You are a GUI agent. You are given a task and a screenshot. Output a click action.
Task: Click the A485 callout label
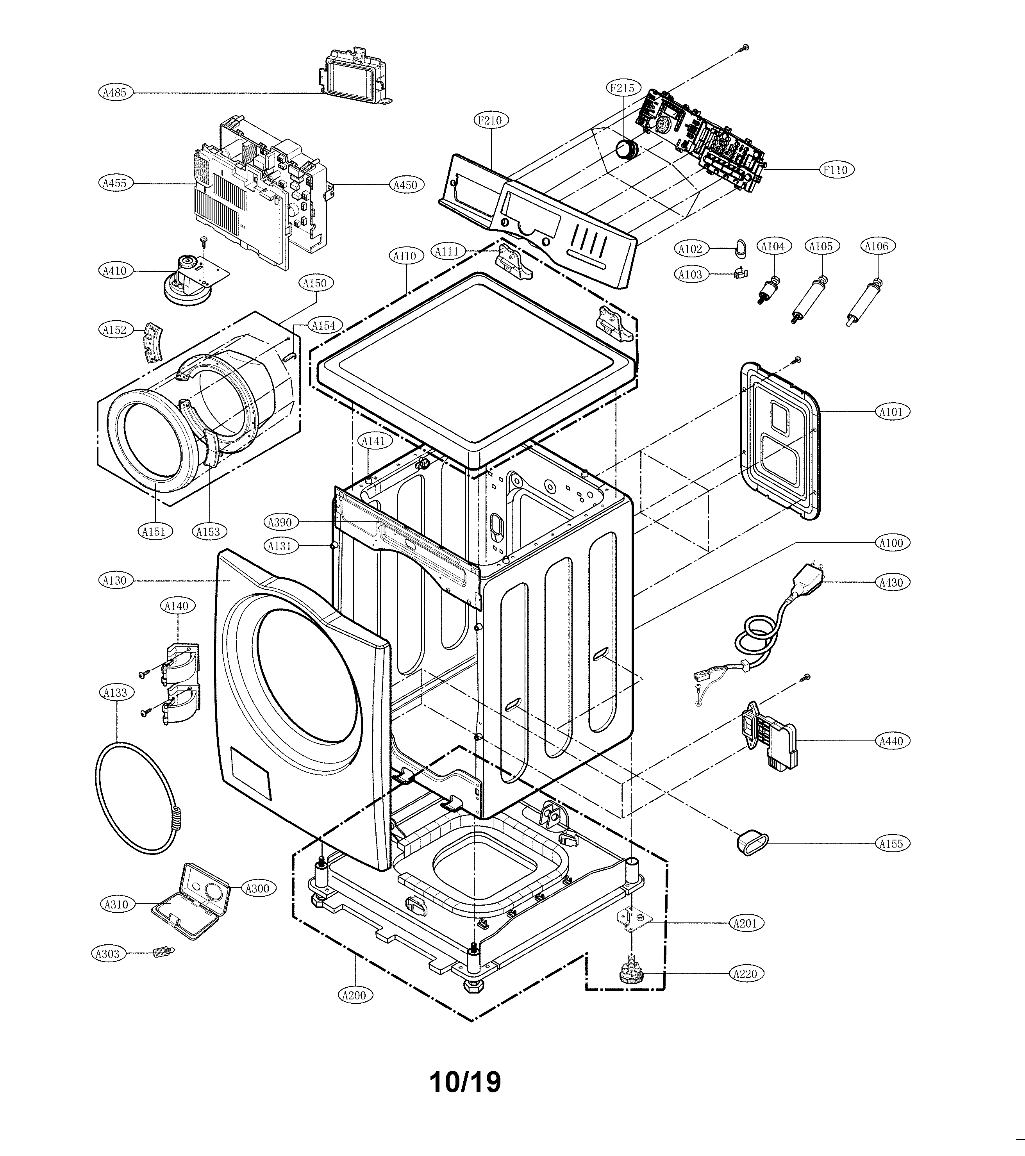(115, 92)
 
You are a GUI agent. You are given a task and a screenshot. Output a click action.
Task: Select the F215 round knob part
(626, 149)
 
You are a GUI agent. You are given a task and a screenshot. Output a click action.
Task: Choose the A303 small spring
(162, 953)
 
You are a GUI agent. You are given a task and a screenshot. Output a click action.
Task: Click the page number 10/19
(465, 1082)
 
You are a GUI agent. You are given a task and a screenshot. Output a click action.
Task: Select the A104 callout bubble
(773, 246)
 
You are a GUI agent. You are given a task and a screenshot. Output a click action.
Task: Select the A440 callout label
(891, 741)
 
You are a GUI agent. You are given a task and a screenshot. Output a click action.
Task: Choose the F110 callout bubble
(836, 169)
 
